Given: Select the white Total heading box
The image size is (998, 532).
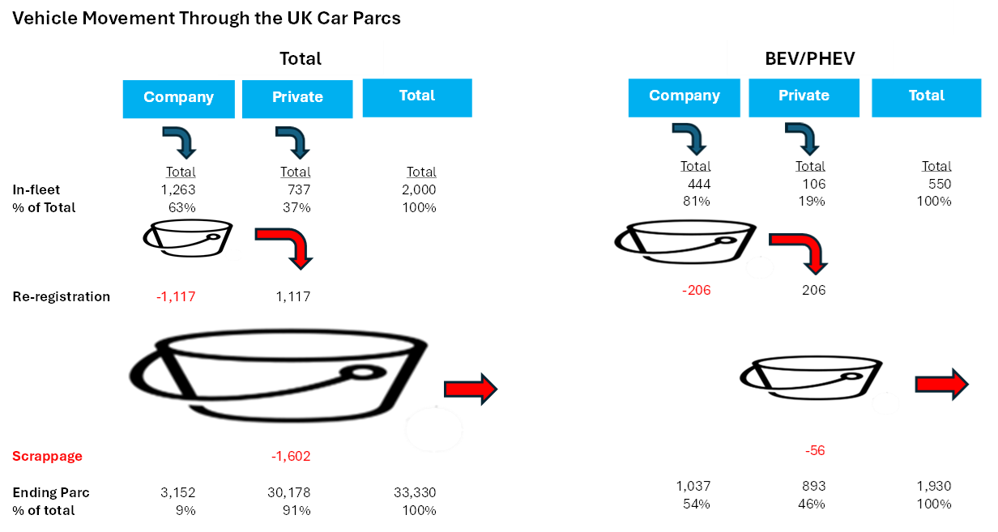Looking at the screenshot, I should tap(301, 58).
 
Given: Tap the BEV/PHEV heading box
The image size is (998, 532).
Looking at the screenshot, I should tap(810, 58).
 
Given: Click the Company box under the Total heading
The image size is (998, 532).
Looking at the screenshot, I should tap(178, 98).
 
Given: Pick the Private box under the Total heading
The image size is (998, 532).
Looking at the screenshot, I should tap(297, 98).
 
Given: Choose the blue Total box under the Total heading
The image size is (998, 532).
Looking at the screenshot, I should tap(417, 96).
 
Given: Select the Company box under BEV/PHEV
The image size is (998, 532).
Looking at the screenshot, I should tap(685, 96).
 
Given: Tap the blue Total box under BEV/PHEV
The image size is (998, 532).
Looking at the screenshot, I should tap(927, 96).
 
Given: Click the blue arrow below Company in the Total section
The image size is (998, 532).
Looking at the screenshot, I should tap(180, 141).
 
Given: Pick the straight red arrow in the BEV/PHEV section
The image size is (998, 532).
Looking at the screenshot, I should tap(941, 385).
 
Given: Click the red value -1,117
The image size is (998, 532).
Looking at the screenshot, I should tap(176, 297).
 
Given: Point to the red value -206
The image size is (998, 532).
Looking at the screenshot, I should tap(697, 290).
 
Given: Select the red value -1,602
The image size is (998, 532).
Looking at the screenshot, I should tap(291, 457).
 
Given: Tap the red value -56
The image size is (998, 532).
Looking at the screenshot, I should tap(816, 451).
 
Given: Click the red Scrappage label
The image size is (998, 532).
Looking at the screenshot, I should tap(47, 457).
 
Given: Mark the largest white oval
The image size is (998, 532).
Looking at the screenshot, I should tap(433, 429).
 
